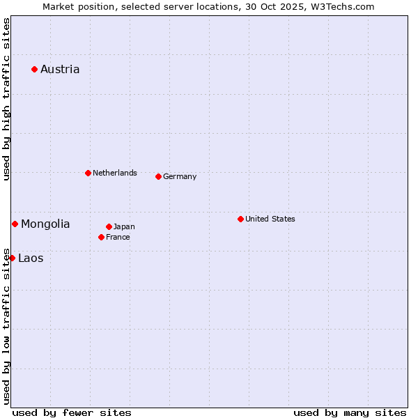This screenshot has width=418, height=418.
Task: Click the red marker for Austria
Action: point(34,69)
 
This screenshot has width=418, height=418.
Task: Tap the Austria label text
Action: point(60,69)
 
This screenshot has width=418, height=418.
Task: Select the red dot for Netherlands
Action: point(88,173)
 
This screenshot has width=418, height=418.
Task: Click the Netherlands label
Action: point(115,173)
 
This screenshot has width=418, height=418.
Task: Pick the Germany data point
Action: point(158,176)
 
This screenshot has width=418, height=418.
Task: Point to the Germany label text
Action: point(180,176)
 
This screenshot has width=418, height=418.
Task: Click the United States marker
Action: point(240,219)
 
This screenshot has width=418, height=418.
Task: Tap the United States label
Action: point(270,219)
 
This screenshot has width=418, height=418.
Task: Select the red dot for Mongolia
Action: point(15,224)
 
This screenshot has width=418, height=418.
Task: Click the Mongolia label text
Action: point(45,224)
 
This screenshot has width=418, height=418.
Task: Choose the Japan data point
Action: point(109,226)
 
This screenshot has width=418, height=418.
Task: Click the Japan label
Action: point(124,226)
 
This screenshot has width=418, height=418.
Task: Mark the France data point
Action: point(101,237)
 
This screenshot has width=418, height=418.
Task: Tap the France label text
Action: point(118,237)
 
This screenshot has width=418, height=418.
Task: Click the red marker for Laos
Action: point(12,258)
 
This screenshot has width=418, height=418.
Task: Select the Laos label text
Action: point(31,258)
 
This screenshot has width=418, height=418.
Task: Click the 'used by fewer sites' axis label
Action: point(72,412)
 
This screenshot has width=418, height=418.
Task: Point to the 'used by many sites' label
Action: point(350,412)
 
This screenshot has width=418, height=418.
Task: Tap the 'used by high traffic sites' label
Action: point(6,100)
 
